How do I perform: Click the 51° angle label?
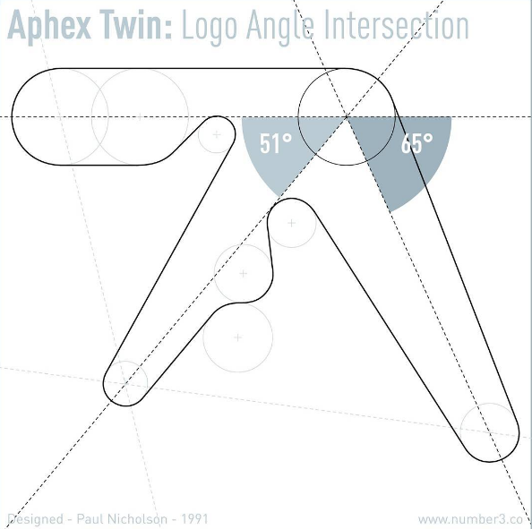click(x=276, y=143)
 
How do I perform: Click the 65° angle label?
click(x=416, y=143)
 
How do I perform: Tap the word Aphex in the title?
click(x=49, y=26)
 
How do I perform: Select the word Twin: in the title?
click(x=136, y=24)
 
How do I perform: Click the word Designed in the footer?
click(x=35, y=519)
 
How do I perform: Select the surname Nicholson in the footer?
click(x=137, y=519)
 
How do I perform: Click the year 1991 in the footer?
click(x=194, y=519)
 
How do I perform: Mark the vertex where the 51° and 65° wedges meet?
click(x=347, y=117)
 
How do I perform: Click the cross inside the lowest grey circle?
click(x=238, y=337)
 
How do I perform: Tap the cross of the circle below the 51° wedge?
click(x=291, y=223)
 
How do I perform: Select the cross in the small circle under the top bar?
click(x=217, y=134)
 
